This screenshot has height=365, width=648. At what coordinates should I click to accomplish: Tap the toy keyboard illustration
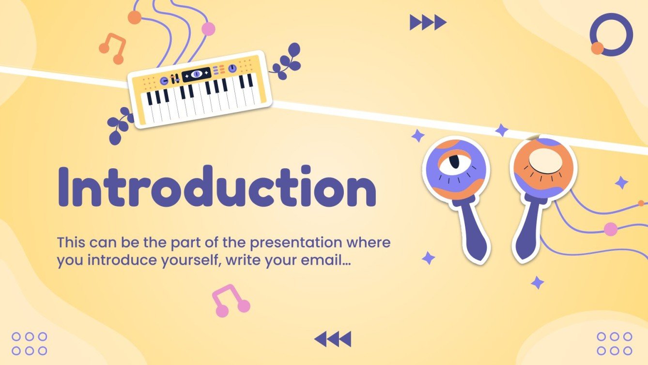coord(199,90)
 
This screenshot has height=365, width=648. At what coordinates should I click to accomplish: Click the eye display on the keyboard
coord(196,74)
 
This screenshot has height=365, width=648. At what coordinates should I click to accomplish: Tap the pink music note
coord(230,301)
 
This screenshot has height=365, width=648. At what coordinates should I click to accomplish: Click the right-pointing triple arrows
coord(428,22)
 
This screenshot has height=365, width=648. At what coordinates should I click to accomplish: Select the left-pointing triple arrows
coord(333,339)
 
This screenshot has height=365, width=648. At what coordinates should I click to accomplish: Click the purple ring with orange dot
coord(611,34)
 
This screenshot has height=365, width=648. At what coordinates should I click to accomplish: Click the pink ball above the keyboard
coord(208,29)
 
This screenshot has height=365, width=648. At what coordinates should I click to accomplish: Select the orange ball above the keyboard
coord(134,17)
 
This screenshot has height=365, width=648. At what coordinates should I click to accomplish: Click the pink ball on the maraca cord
coord(611,229)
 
